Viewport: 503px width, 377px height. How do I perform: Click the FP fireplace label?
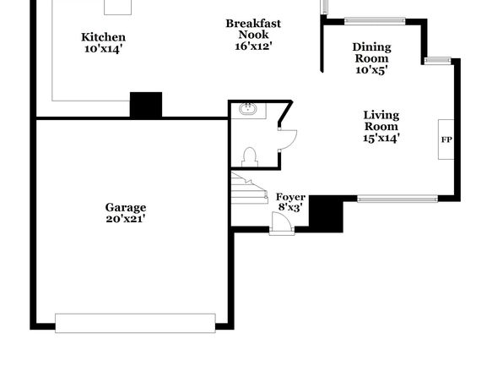point(446,139)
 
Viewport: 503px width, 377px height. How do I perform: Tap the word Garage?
point(126,207)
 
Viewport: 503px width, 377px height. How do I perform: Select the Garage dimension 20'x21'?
point(126,219)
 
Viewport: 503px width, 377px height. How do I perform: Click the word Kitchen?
point(103,37)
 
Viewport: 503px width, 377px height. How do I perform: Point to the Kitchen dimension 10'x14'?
point(103,49)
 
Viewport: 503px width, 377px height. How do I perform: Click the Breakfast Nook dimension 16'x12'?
point(253,46)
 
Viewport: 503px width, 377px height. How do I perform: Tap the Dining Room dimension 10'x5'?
point(372,70)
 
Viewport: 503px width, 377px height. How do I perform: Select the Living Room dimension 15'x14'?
point(381,138)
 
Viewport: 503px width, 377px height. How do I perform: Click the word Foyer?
point(290,197)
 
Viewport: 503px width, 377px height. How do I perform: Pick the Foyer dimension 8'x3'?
point(290,207)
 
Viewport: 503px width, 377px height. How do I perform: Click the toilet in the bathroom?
point(250,157)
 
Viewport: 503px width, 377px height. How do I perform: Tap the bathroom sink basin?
point(247,109)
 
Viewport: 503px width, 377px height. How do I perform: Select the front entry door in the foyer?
point(282,222)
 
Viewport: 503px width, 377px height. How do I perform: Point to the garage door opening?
point(135,323)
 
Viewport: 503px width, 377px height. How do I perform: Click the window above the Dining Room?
point(375,21)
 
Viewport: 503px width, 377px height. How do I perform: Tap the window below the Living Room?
point(398,199)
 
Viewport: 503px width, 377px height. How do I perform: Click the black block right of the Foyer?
point(326,214)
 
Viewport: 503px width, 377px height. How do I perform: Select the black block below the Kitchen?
point(146,105)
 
